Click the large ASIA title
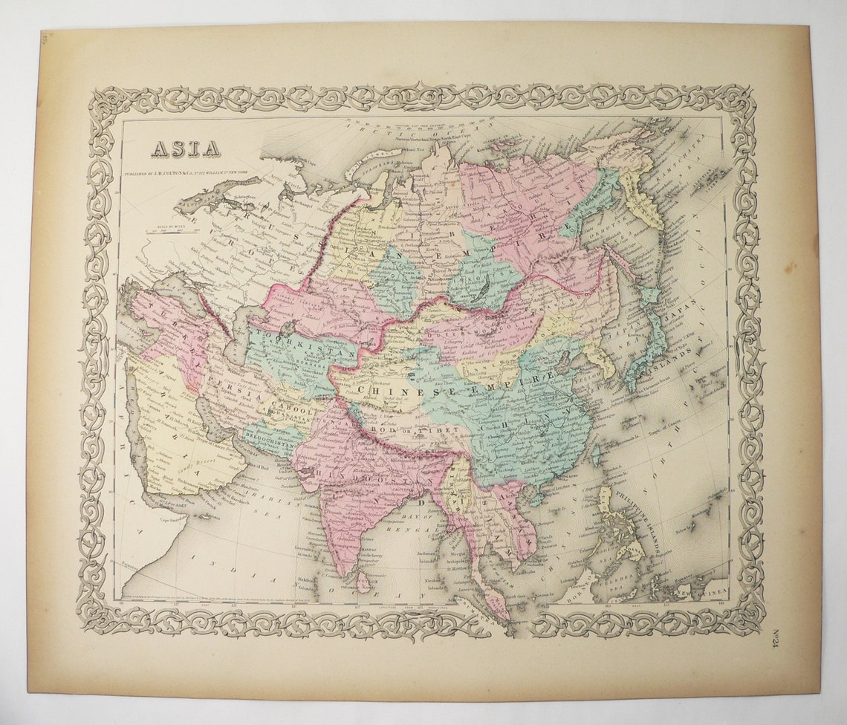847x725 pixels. pos(186,149)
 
